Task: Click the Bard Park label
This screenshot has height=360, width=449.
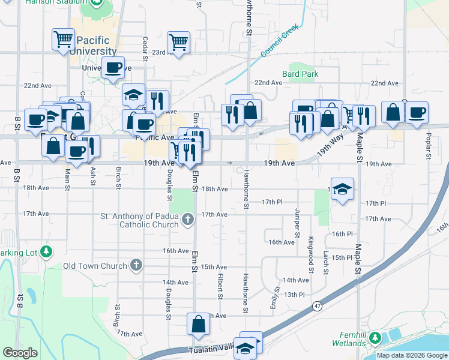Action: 304,74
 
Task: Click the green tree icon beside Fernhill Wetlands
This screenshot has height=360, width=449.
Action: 376,338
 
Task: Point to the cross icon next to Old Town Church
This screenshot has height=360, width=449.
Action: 136,265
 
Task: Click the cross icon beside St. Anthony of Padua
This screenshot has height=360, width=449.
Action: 187,220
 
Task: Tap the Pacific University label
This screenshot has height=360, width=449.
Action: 93,46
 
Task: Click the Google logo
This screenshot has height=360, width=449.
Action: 20,352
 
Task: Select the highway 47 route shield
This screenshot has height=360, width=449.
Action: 316,306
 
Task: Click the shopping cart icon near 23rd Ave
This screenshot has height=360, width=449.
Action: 178,43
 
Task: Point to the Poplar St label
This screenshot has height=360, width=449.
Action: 428,145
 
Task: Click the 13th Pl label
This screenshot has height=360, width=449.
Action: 295,295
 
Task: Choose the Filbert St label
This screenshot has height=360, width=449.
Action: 220,282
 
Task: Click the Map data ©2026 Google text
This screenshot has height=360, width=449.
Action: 411,355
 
